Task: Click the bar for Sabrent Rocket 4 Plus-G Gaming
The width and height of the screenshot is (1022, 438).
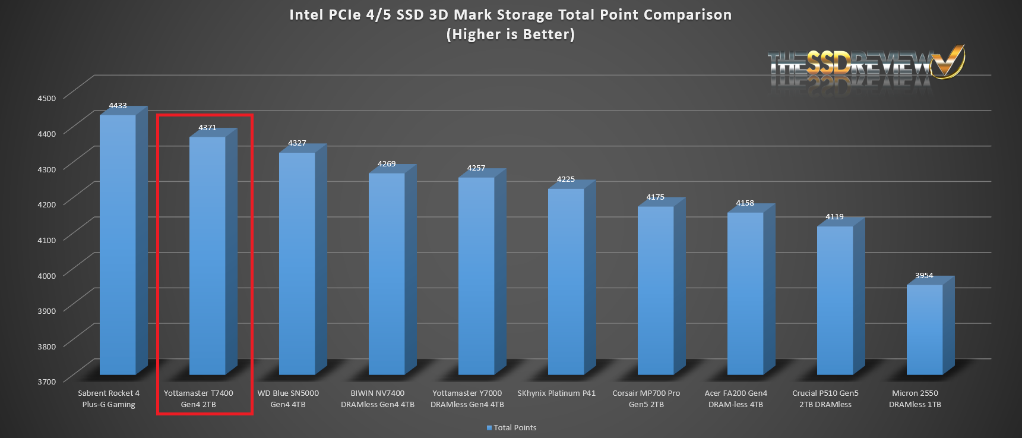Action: click(x=118, y=244)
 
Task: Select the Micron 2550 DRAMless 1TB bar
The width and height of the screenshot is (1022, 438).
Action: click(x=924, y=330)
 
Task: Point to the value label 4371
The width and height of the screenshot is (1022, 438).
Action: click(x=207, y=128)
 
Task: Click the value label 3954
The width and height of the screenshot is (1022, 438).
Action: click(x=924, y=276)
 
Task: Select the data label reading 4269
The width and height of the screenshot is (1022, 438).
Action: click(x=387, y=164)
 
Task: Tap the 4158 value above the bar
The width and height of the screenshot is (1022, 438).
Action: click(x=745, y=203)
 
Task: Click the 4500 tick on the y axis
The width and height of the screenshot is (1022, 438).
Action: click(x=46, y=98)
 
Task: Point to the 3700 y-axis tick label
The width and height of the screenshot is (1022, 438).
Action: click(x=46, y=382)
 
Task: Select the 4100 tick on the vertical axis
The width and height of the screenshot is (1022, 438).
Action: click(x=46, y=240)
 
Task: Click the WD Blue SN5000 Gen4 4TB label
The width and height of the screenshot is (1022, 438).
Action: click(x=288, y=399)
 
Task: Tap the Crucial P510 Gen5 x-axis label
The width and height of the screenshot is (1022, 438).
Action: click(x=825, y=399)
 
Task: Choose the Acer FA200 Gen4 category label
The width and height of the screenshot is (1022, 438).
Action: click(x=736, y=399)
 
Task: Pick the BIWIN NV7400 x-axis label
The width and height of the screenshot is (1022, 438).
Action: click(x=378, y=399)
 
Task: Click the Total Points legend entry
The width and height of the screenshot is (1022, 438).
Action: click(x=511, y=428)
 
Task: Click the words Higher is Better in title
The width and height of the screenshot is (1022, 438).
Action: click(x=511, y=34)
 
